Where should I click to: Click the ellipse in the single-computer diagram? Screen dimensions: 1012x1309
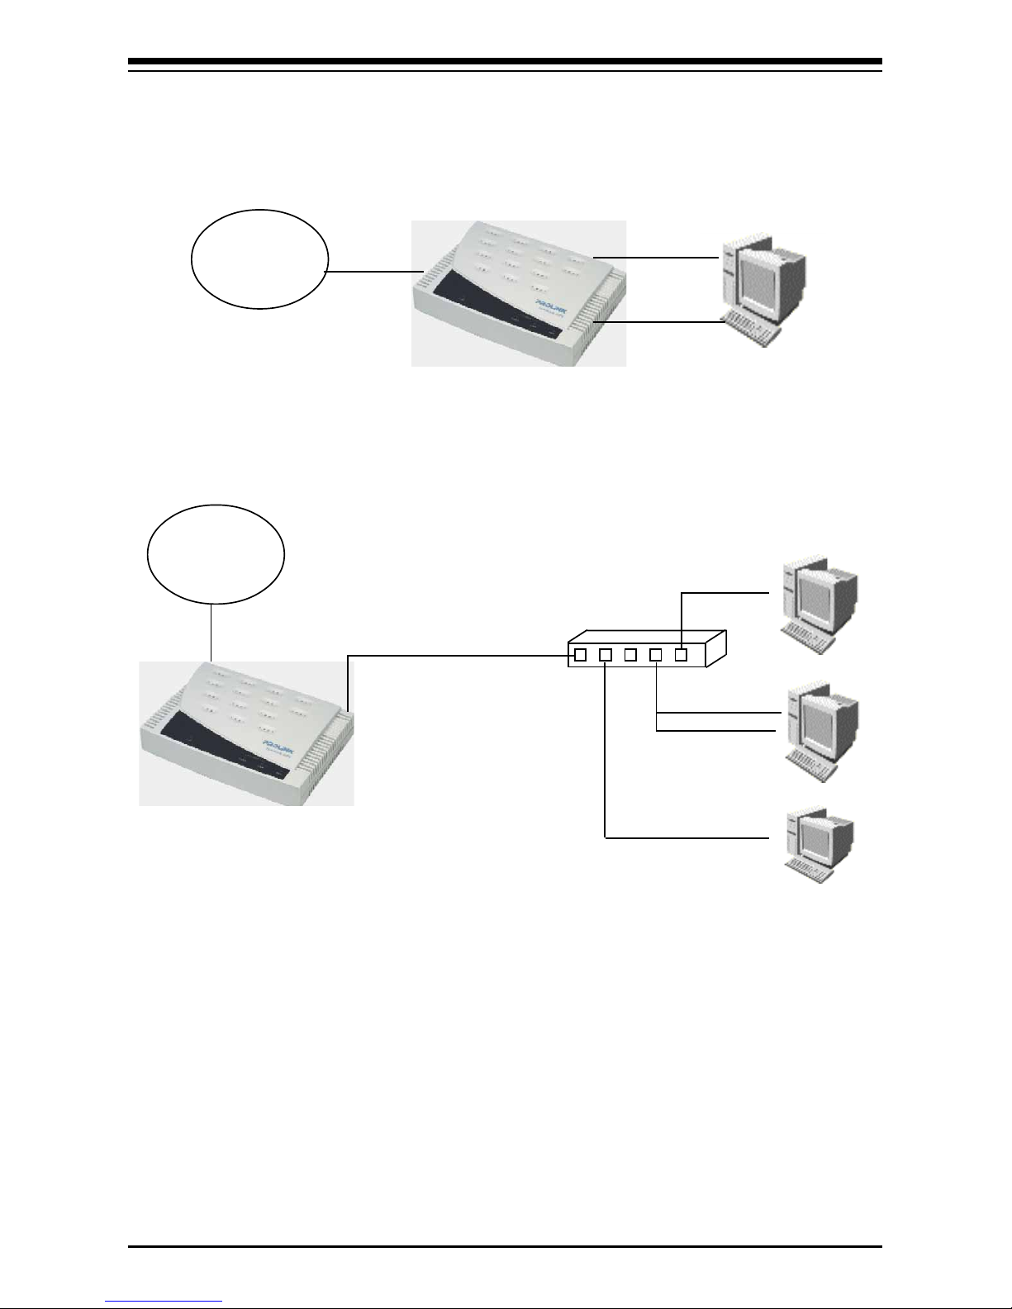[259, 258]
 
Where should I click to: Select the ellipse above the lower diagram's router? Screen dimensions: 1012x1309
[216, 553]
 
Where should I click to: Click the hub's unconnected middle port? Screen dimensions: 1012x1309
[630, 655]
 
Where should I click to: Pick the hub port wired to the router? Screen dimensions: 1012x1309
[580, 655]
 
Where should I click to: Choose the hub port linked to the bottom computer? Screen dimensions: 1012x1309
[606, 655]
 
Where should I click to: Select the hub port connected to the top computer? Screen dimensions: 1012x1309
[681, 655]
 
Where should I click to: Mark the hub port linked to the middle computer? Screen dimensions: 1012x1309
[656, 655]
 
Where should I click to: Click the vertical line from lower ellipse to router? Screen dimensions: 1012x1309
[211, 632]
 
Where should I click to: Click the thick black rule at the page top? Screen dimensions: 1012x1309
[506, 62]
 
